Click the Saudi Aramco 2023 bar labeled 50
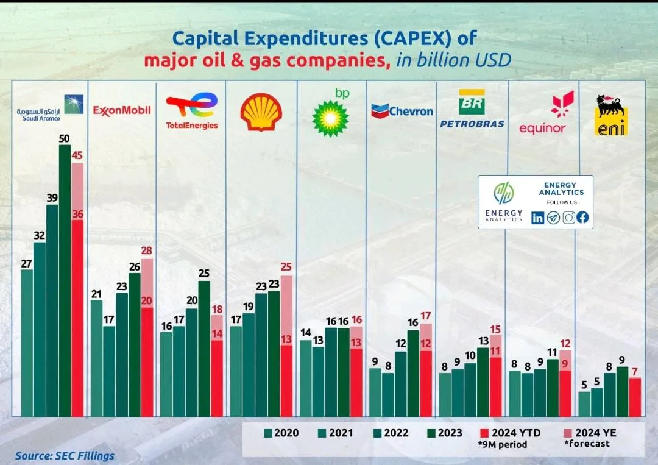point(65,280)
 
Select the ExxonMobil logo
point(122,110)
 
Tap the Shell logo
point(261,112)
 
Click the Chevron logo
point(402,111)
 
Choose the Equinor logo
point(543,113)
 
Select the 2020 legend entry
point(281,433)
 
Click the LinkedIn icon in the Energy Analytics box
point(538,218)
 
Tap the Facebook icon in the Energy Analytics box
point(582,218)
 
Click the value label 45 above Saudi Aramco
point(77,155)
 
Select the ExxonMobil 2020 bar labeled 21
point(96,358)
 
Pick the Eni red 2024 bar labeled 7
point(635,397)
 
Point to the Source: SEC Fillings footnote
point(65,455)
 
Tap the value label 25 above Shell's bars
point(286,267)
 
